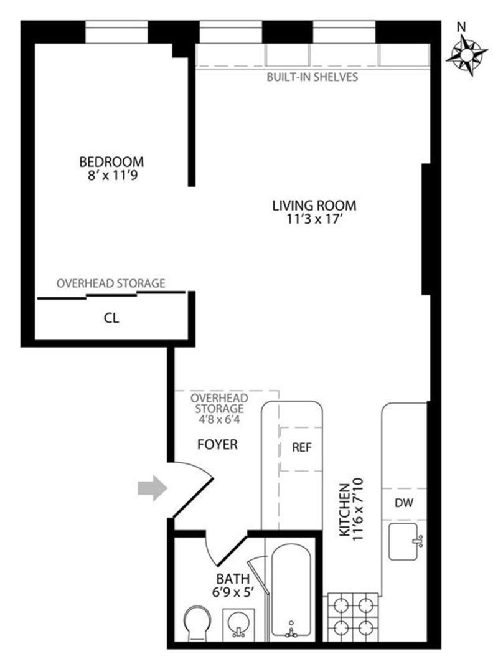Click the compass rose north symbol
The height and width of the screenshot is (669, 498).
[x=466, y=53]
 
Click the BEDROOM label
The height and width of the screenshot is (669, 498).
[x=111, y=162]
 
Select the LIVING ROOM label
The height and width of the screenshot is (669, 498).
[x=314, y=205]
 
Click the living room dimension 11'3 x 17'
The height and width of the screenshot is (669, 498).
[x=314, y=219]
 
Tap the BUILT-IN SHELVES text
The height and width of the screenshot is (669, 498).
[x=312, y=77]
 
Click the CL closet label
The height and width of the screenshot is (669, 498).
[x=111, y=318]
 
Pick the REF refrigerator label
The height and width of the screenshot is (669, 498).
[x=301, y=448]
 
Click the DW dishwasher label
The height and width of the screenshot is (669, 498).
[x=404, y=502]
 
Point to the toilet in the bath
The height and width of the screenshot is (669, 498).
[x=200, y=623]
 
